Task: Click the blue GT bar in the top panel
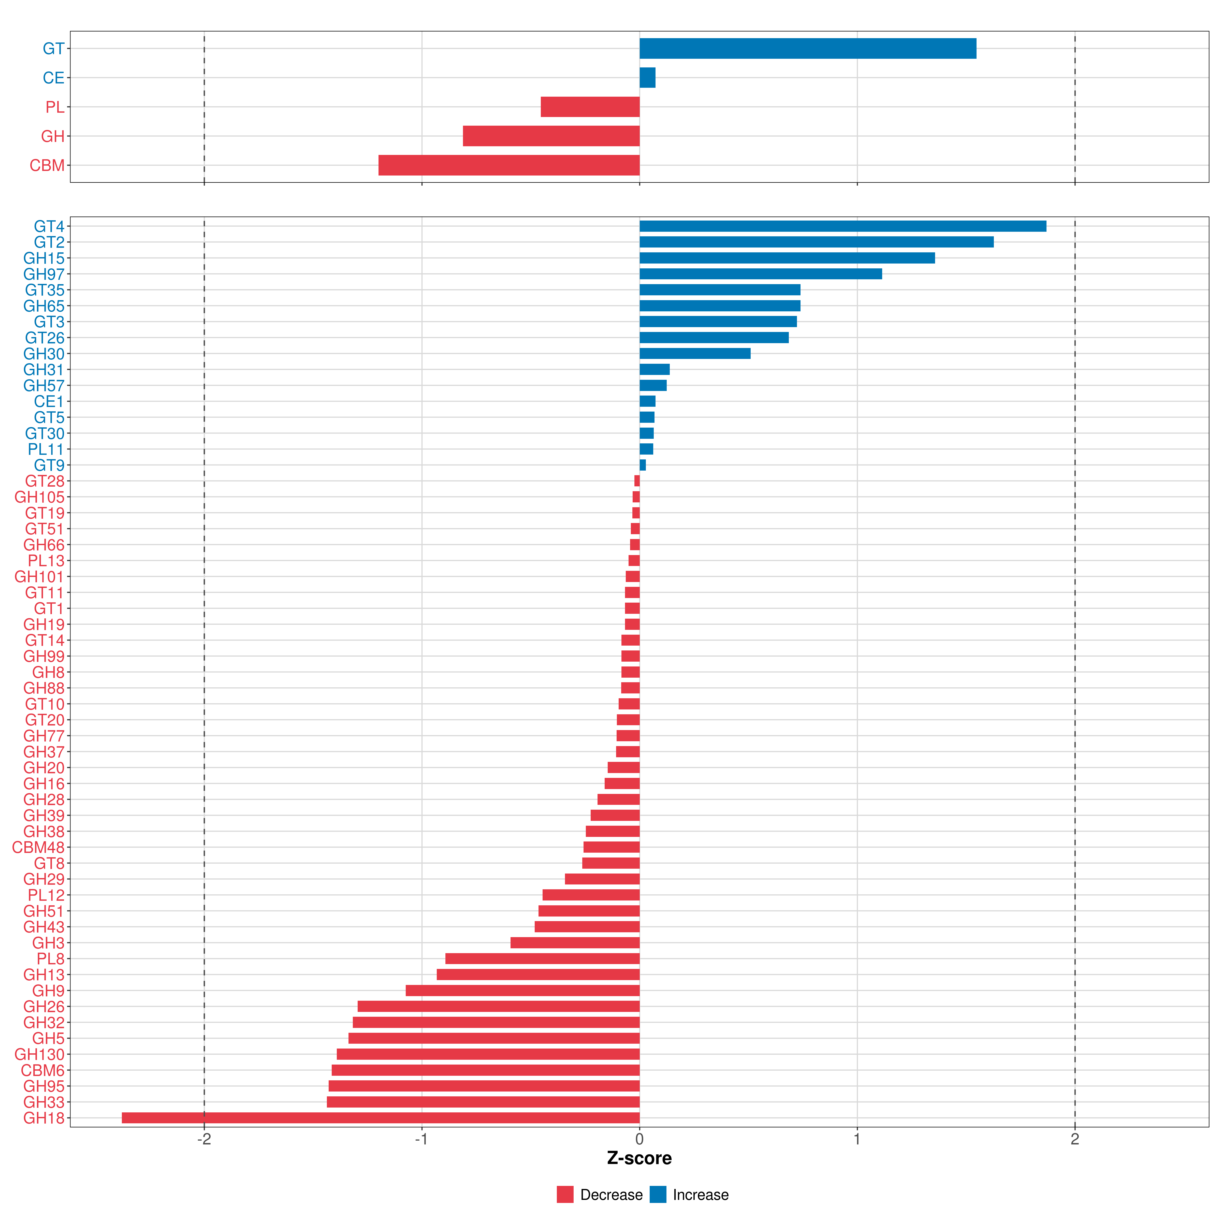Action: pyautogui.click(x=808, y=49)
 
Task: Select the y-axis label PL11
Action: pyautogui.click(x=46, y=449)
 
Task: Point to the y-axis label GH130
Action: pyautogui.click(x=39, y=1054)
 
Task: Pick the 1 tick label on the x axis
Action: pyautogui.click(x=857, y=1140)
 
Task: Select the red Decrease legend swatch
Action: pyautogui.click(x=565, y=1195)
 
